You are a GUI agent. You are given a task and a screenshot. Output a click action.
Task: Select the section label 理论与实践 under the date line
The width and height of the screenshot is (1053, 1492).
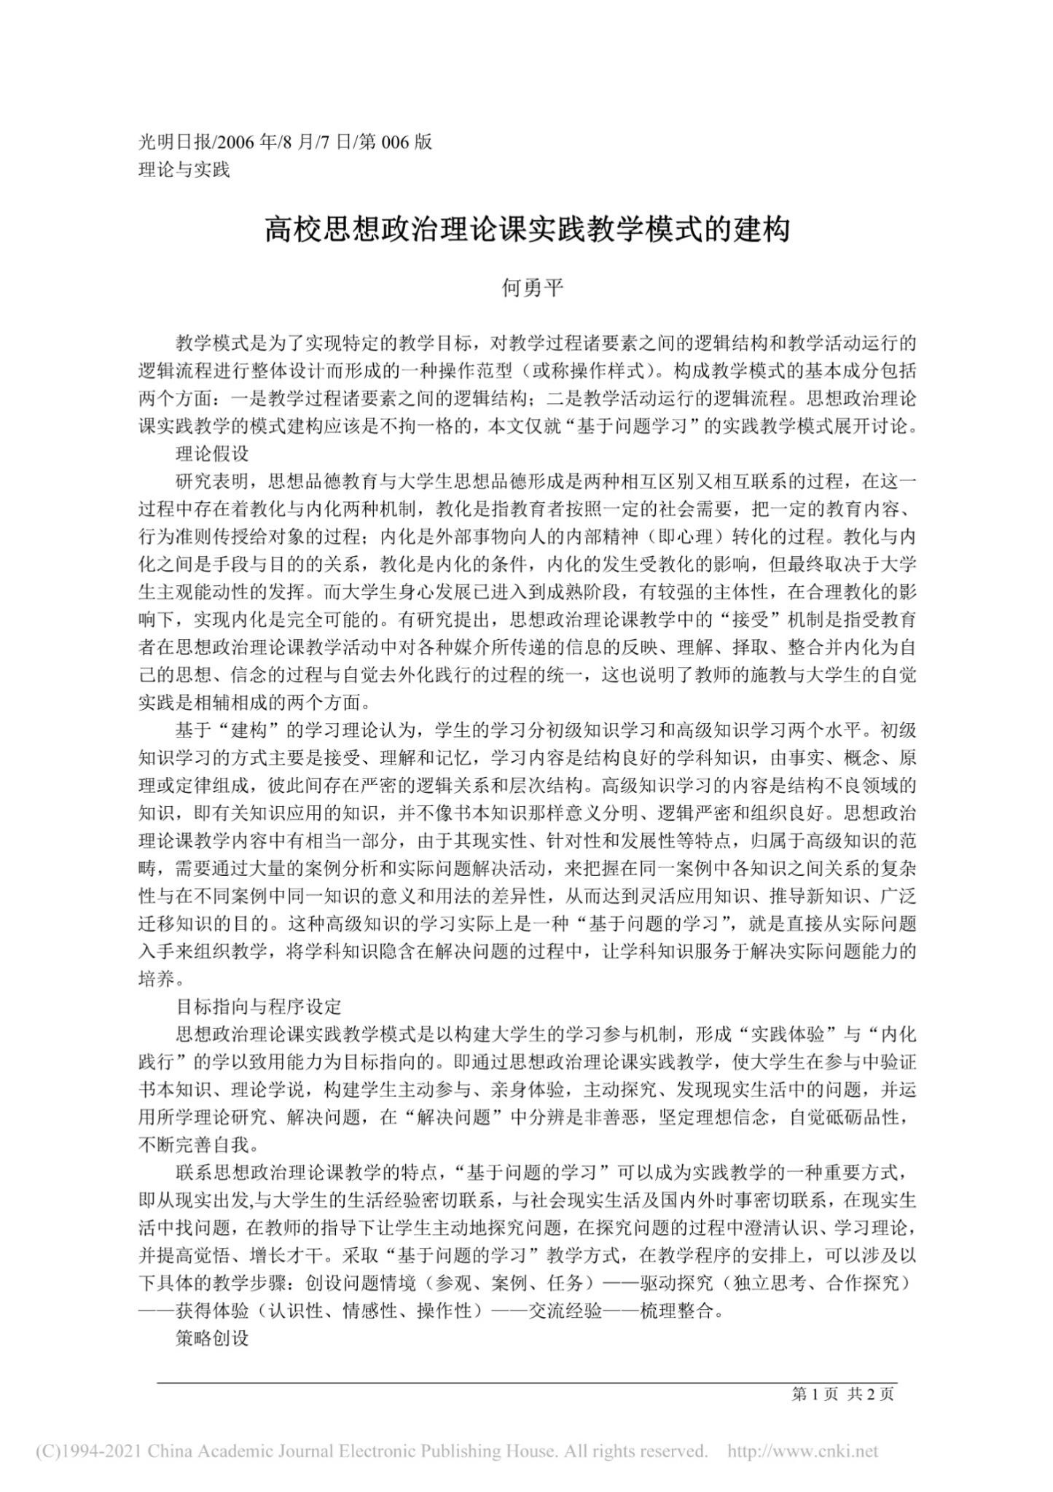tap(184, 170)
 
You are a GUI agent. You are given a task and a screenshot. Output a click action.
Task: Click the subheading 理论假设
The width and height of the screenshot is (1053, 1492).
tap(213, 454)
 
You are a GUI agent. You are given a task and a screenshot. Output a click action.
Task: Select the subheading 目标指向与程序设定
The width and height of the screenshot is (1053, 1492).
tap(259, 1007)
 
